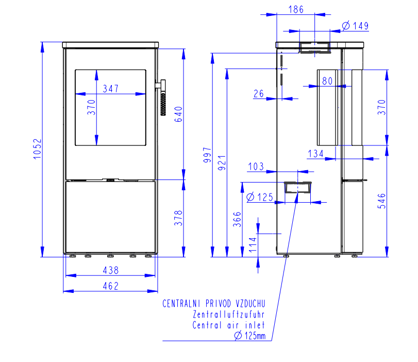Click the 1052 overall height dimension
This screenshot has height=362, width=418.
coord(37,149)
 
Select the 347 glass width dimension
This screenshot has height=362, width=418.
coord(111,89)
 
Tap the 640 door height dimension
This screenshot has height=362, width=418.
coord(178,114)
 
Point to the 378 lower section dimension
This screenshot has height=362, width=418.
coord(178,218)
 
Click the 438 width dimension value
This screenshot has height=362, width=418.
coord(111,270)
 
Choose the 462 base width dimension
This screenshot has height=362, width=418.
coord(111,286)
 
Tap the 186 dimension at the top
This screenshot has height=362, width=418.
coord(296,10)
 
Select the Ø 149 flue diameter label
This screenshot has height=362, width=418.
coord(355,26)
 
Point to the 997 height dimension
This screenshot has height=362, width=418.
coord(207,155)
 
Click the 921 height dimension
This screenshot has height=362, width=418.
coord(222,163)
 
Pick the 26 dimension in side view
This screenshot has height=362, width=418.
coord(259,94)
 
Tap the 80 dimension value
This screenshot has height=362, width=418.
coord(327,81)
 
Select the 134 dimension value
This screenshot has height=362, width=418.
coord(315,154)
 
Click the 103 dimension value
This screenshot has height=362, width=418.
coord(256,167)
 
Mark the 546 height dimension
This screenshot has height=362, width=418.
coord(382,201)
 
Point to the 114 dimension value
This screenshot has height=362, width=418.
coord(253,244)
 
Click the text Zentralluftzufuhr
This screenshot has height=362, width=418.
coord(229,314)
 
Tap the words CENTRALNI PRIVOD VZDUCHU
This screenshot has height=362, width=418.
coord(214,304)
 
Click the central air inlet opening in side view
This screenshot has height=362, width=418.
coord(297,187)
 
